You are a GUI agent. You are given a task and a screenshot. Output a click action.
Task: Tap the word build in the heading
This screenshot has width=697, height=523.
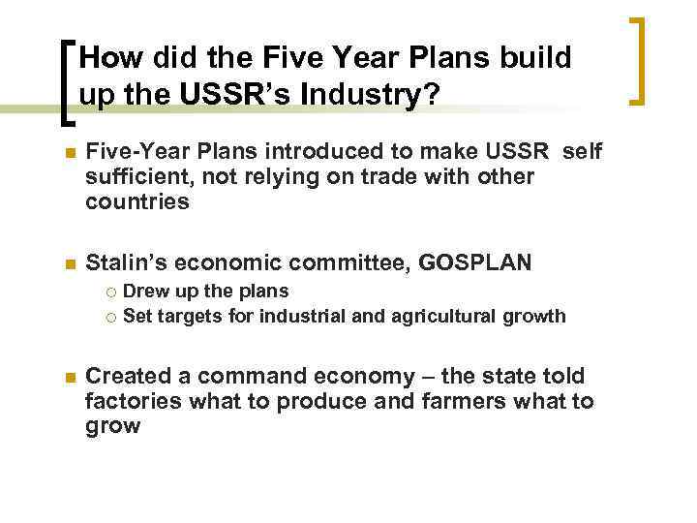coord(530,58)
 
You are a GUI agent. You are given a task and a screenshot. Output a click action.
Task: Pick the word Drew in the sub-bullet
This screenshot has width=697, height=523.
coord(144,291)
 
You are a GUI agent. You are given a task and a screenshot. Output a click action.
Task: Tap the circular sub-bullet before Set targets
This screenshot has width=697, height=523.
coord(111,316)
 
